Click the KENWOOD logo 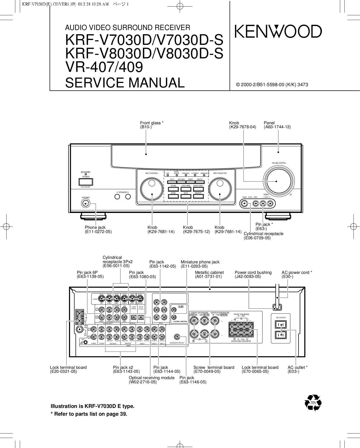click(278, 32)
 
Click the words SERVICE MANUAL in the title click(125, 83)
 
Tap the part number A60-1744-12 click(277, 127)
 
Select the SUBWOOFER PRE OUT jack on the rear click(177, 337)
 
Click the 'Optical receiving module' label click(151, 378)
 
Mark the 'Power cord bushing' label click(253, 272)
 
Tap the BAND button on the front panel click(173, 196)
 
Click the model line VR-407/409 click(104, 67)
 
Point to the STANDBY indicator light click(86, 174)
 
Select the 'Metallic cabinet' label click(209, 272)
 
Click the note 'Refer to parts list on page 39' click(89, 414)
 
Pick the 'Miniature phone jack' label click(200, 262)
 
